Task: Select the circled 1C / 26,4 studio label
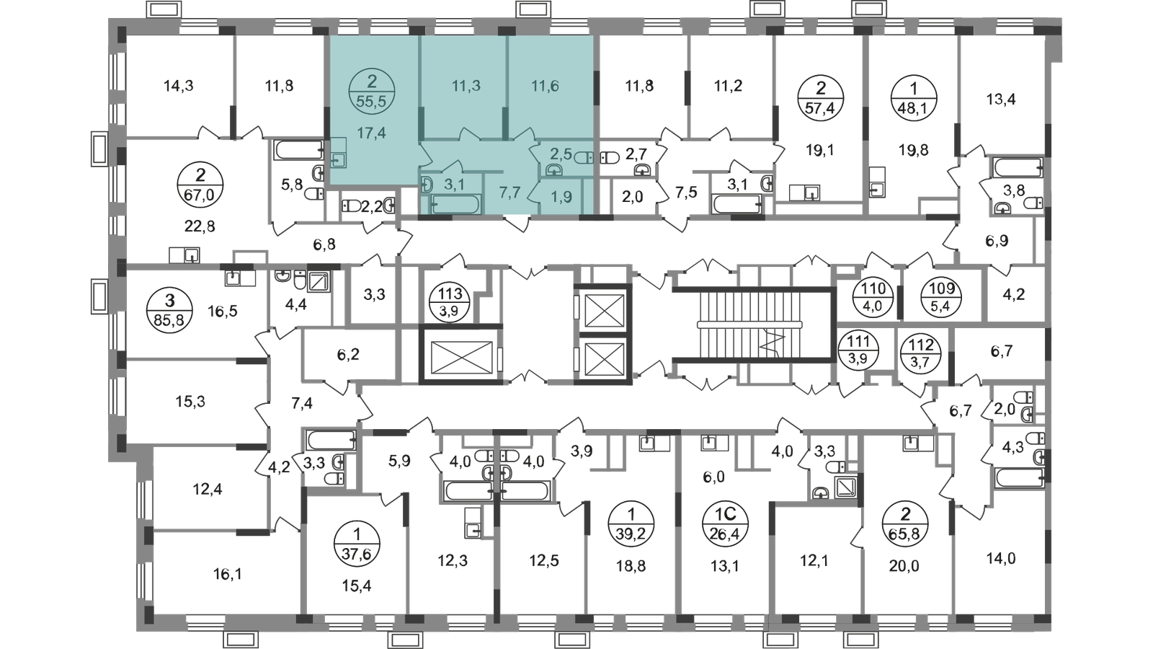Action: (726, 523)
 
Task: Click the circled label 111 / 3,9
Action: (858, 349)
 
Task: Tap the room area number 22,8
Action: (199, 225)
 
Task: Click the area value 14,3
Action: (178, 86)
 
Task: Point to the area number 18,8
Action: (631, 567)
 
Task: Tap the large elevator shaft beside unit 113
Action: (460, 354)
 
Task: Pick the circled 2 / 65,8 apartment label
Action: (905, 523)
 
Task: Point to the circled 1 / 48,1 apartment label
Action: (914, 98)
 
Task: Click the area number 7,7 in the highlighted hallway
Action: (509, 193)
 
